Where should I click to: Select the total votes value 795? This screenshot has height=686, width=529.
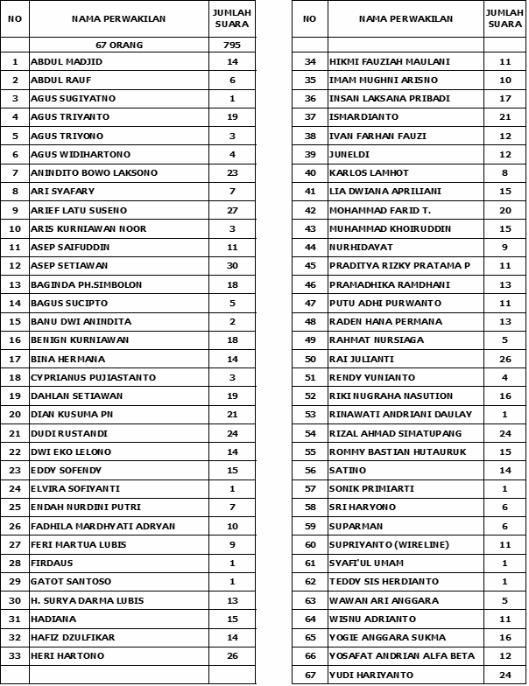pyautogui.click(x=232, y=44)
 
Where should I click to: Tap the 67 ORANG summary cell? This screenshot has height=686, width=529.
pyautogui.click(x=119, y=44)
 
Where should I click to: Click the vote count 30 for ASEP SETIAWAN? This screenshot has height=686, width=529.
pyautogui.click(x=232, y=266)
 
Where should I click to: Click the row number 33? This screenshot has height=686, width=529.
pyautogui.click(x=15, y=655)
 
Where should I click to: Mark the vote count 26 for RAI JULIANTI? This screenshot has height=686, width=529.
pyautogui.click(x=504, y=359)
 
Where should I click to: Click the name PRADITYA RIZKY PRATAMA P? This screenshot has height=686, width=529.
pyautogui.click(x=399, y=266)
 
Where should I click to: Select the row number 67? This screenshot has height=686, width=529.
pyautogui.click(x=309, y=675)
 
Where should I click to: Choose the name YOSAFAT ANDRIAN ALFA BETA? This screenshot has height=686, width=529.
pyautogui.click(x=401, y=655)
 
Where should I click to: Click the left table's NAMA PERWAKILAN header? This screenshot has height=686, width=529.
pyautogui.click(x=119, y=18)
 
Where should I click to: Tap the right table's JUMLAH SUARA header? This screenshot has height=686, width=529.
pyautogui.click(x=504, y=18)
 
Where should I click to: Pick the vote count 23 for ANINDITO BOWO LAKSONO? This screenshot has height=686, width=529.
pyautogui.click(x=232, y=173)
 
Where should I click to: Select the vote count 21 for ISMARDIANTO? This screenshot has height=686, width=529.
pyautogui.click(x=504, y=117)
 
